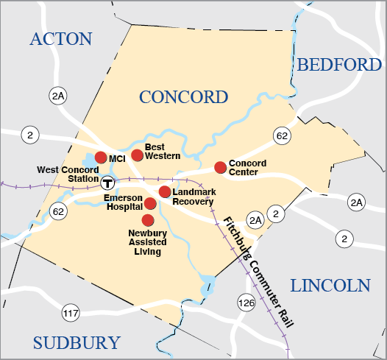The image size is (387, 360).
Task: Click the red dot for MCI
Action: [x=101, y=158]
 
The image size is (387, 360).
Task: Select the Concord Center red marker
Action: [x=220, y=168]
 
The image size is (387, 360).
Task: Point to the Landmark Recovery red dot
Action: [x=165, y=191]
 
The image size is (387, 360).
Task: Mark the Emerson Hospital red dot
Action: [x=150, y=203]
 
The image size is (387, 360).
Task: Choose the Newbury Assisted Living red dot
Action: [x=148, y=220]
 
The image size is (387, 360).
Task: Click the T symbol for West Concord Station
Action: [x=108, y=183]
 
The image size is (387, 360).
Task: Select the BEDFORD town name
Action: [x=339, y=65]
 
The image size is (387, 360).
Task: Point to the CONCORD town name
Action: [x=183, y=97]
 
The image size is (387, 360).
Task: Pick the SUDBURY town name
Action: [x=76, y=342]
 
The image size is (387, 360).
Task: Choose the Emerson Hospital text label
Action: [x=122, y=202]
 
